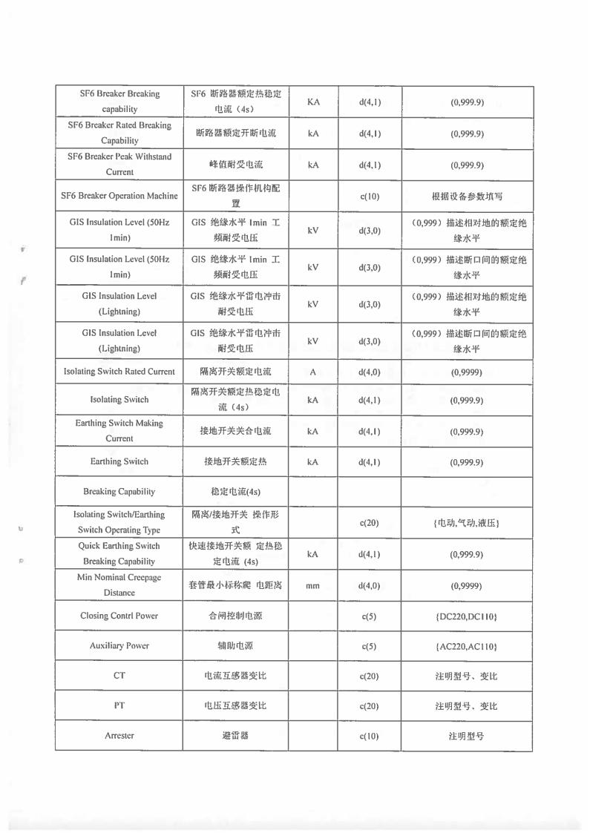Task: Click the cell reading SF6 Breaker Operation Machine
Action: [119, 196]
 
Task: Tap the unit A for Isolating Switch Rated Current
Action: [312, 372]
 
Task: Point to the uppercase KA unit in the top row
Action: [312, 102]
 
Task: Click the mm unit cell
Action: [312, 586]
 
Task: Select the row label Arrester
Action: [119, 736]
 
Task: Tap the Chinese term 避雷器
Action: [235, 736]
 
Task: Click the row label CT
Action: [119, 676]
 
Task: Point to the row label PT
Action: [119, 705]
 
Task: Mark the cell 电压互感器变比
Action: [235, 705]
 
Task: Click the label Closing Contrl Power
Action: [119, 616]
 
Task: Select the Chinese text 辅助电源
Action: [235, 646]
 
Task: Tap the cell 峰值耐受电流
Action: [235, 164]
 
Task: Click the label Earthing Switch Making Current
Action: [119, 431]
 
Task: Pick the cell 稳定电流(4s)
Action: [235, 492]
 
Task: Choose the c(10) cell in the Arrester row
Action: [369, 736]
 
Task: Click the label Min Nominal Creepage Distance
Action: [119, 585]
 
